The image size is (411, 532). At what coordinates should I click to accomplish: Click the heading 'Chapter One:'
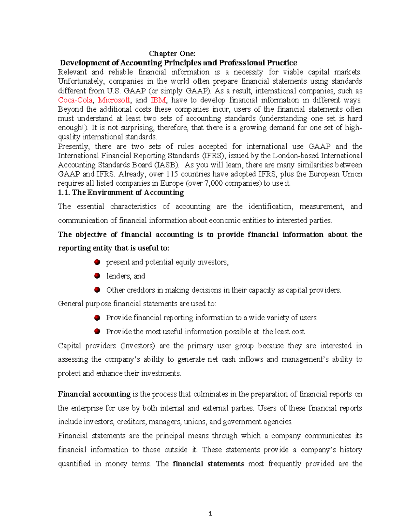point(172,53)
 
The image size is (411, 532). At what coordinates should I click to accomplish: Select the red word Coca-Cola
point(75,100)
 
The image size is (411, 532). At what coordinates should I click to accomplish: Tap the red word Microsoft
point(114,100)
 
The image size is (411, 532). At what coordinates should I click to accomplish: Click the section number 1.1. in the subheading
point(64,193)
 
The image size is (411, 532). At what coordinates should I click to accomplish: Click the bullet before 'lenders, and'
point(97,276)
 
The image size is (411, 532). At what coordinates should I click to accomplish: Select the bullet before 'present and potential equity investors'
point(97,262)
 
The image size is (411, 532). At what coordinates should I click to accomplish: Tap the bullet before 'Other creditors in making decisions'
point(97,290)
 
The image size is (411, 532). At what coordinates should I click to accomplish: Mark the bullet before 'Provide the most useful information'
point(97,332)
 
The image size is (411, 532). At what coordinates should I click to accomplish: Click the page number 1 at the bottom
point(210,514)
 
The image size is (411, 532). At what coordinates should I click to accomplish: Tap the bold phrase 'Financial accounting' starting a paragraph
point(94,394)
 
